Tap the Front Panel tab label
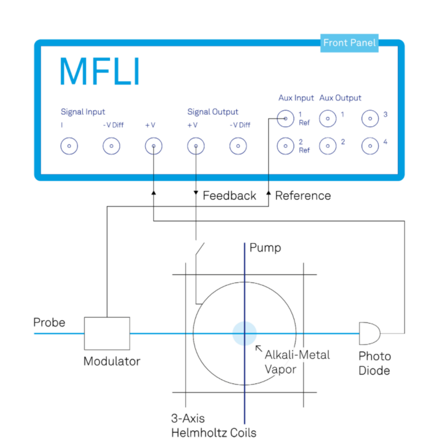tap(349, 42)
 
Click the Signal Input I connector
tap(69, 146)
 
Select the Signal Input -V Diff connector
tap(111, 146)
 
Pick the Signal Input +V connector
tap(153, 146)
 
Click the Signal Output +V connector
tap(195, 146)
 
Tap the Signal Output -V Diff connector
tap(238, 146)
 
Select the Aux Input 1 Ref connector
tap(285, 117)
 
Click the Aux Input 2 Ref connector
tap(285, 146)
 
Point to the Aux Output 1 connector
tap(328, 117)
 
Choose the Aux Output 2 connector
tap(328, 146)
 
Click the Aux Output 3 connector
tap(370, 117)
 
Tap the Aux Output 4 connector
tap(370, 146)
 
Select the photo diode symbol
tap(369, 334)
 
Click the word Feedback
tap(229, 196)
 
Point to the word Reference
tap(303, 196)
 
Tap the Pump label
tap(265, 248)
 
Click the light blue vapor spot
tap(244, 334)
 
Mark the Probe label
tap(49, 322)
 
